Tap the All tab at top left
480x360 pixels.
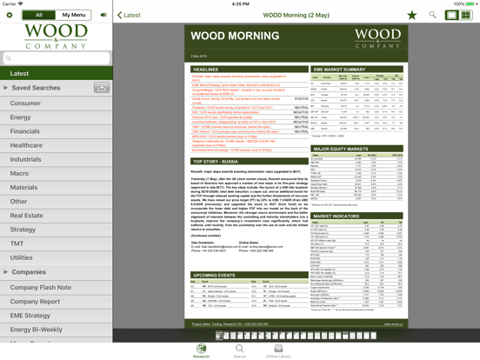click(38, 15)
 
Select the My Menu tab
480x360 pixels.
click(74, 15)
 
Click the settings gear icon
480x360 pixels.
click(10, 15)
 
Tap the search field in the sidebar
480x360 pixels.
click(57, 58)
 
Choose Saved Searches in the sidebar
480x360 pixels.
click(37, 88)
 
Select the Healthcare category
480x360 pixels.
click(27, 145)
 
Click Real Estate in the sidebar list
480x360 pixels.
click(27, 216)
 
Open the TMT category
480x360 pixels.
click(17, 243)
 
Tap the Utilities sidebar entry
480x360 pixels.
click(22, 257)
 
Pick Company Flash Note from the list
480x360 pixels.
click(41, 287)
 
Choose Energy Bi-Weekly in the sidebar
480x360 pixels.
click(37, 330)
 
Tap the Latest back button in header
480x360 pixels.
click(129, 15)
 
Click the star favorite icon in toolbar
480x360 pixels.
click(412, 15)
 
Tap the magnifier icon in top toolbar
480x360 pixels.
click(432, 15)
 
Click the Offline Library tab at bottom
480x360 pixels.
click(278, 351)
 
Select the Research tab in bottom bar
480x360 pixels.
click(201, 351)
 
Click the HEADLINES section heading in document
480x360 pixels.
click(206, 70)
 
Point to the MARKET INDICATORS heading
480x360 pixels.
click(337, 217)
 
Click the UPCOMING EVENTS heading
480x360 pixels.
click(215, 275)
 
